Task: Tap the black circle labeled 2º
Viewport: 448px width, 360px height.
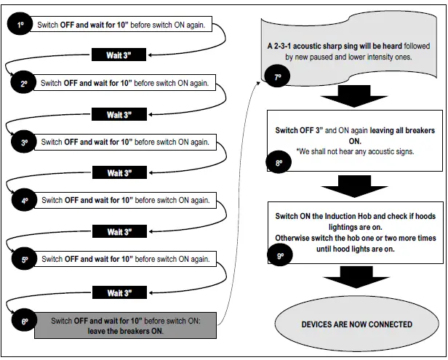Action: (25, 84)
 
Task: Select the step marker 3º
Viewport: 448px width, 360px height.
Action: (25, 143)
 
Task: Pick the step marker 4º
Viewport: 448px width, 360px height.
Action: (25, 201)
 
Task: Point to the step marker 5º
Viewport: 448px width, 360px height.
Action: (25, 260)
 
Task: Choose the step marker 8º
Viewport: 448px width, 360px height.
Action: (278, 164)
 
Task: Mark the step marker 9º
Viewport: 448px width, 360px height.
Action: (279, 255)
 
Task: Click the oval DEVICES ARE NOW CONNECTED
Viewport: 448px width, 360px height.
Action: (356, 324)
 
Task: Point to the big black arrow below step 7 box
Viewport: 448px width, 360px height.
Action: (354, 97)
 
